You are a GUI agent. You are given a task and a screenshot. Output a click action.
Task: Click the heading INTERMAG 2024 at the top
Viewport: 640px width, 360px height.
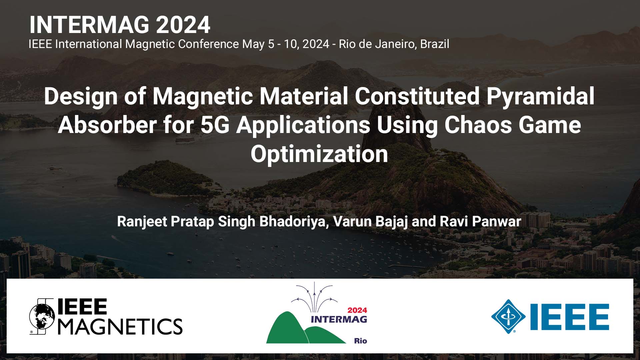click(120, 25)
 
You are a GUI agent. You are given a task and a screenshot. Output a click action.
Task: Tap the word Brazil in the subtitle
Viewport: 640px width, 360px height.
click(434, 44)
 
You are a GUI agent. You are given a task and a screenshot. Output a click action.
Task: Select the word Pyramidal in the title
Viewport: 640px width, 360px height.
click(540, 96)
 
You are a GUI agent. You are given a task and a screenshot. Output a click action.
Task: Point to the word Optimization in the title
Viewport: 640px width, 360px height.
click(319, 154)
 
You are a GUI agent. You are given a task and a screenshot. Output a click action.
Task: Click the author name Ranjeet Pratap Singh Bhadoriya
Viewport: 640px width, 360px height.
click(223, 222)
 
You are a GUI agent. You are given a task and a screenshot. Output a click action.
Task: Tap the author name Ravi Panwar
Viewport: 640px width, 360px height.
click(480, 222)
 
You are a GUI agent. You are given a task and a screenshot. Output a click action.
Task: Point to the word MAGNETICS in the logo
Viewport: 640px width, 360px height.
click(120, 326)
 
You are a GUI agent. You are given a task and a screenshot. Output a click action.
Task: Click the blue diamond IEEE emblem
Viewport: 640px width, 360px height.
click(508, 316)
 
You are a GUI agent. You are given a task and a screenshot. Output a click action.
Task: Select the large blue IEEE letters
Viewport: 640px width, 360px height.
click(570, 317)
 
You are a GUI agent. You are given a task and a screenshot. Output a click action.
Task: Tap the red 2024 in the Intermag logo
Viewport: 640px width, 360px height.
click(357, 310)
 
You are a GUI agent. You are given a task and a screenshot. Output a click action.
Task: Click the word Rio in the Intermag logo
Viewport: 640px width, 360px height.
click(360, 341)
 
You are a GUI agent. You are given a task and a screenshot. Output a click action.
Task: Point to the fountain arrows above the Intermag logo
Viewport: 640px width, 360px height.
click(314, 295)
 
